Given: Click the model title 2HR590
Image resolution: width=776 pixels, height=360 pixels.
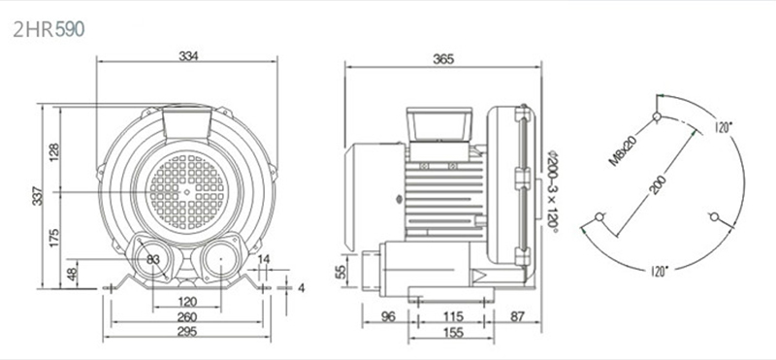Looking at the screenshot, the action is click(x=49, y=30).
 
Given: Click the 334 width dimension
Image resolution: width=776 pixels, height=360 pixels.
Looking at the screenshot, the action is click(x=188, y=56).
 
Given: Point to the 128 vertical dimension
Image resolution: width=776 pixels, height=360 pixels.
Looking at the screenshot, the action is click(x=54, y=152).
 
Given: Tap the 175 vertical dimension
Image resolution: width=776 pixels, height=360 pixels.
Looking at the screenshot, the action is click(x=54, y=238).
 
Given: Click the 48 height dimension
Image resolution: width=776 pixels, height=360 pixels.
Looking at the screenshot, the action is click(x=72, y=274).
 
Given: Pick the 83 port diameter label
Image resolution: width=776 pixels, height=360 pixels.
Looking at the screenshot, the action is click(x=153, y=259).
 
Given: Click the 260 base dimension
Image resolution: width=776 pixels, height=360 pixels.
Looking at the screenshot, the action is click(x=187, y=317).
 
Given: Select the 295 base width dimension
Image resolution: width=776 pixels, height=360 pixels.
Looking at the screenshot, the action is click(x=187, y=331).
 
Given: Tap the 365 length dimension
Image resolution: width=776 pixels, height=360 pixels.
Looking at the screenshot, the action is click(x=443, y=59).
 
